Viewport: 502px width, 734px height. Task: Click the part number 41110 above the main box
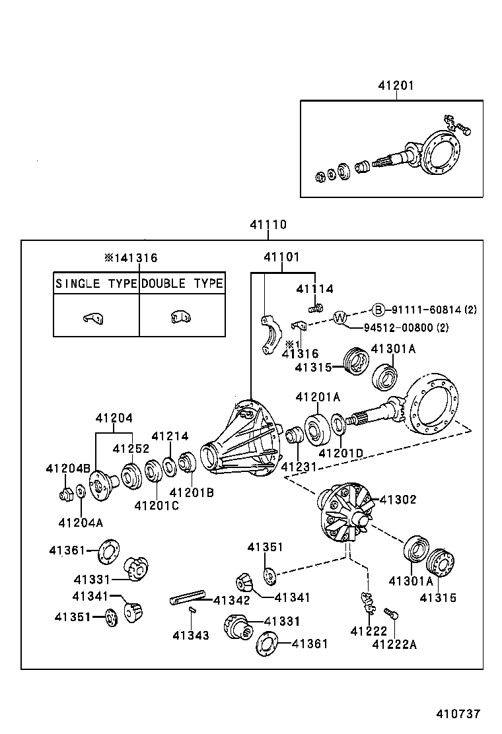[268, 224]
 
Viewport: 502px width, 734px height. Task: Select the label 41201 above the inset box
[396, 86]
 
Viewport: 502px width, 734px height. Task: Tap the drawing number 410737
[458, 714]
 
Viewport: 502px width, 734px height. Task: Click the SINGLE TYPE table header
[96, 283]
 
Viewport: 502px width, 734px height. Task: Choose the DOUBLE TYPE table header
[182, 283]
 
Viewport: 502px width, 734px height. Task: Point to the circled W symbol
[340, 318]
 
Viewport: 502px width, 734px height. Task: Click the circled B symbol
[378, 309]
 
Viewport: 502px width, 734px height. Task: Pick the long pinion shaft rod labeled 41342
[188, 599]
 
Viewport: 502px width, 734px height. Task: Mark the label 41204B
[68, 468]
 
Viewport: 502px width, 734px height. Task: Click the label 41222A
[394, 644]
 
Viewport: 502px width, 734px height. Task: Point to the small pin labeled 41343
[192, 611]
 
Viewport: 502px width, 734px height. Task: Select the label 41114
[314, 288]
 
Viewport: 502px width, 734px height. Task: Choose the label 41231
[299, 467]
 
